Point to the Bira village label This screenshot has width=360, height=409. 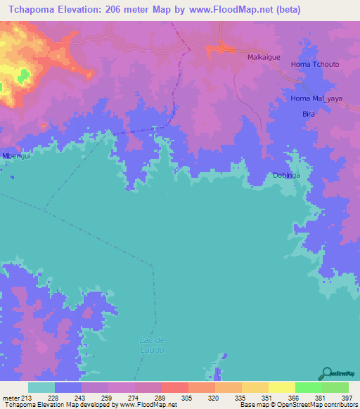307,113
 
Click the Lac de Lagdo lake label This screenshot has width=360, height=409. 152,344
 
